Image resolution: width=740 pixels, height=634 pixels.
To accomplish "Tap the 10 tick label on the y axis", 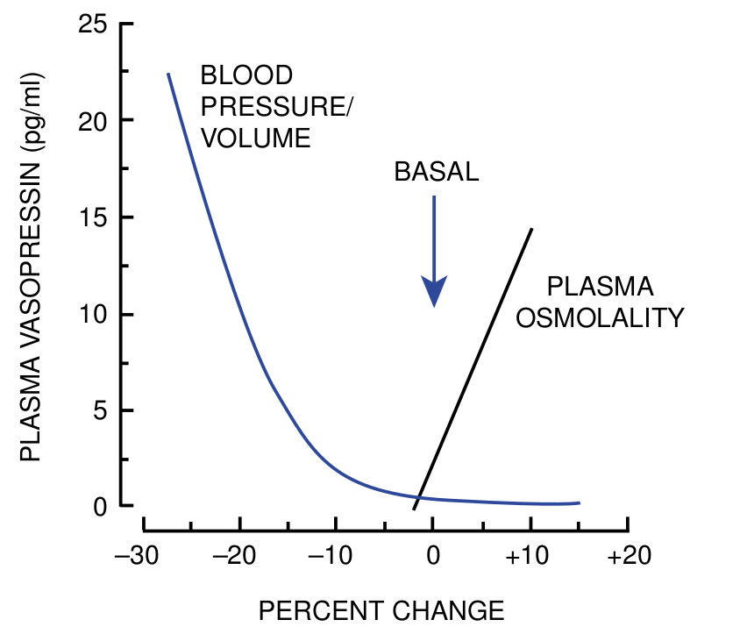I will coord(91,314).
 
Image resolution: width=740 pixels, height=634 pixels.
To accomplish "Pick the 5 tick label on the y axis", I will coord(99,410).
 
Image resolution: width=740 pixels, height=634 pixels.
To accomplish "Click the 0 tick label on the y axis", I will coord(99,506).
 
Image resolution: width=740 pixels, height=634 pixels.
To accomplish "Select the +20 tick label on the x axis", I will coord(626,558).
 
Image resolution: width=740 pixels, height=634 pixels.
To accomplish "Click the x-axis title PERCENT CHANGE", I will coord(381,609).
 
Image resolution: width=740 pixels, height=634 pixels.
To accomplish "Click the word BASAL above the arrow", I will coord(436,172).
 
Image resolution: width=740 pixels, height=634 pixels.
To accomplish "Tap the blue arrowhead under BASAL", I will coord(434,292).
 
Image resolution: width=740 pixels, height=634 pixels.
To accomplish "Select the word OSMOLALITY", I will coord(600,317).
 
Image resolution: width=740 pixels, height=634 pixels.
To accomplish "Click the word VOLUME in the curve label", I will coord(256,138).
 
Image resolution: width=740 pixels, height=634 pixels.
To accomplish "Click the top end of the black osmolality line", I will coord(531,229).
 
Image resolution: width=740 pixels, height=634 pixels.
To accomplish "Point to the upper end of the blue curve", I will coord(168,75).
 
